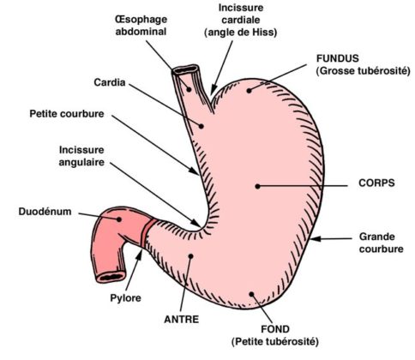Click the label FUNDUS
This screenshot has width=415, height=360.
337,58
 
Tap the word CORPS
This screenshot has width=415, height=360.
376,183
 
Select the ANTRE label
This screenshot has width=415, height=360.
182,319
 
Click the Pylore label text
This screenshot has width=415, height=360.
125,298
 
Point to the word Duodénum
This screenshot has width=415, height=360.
45,212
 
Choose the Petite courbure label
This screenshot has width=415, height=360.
67,114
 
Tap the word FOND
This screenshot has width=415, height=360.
275,329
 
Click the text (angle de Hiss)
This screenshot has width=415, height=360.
241,33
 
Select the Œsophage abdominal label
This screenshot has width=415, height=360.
141,25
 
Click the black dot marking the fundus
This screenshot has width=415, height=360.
249,91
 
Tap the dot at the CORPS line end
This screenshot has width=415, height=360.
257,186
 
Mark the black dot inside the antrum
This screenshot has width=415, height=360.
191,256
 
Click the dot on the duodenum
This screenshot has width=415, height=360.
118,219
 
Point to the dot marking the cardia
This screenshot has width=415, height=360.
201,126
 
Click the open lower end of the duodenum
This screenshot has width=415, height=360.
111,277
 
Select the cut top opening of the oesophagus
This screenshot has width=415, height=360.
186,69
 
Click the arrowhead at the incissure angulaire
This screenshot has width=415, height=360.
196,223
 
